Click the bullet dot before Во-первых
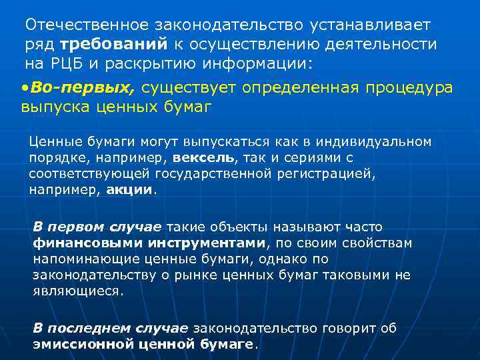[x=24, y=89]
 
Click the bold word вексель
[x=203, y=158]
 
